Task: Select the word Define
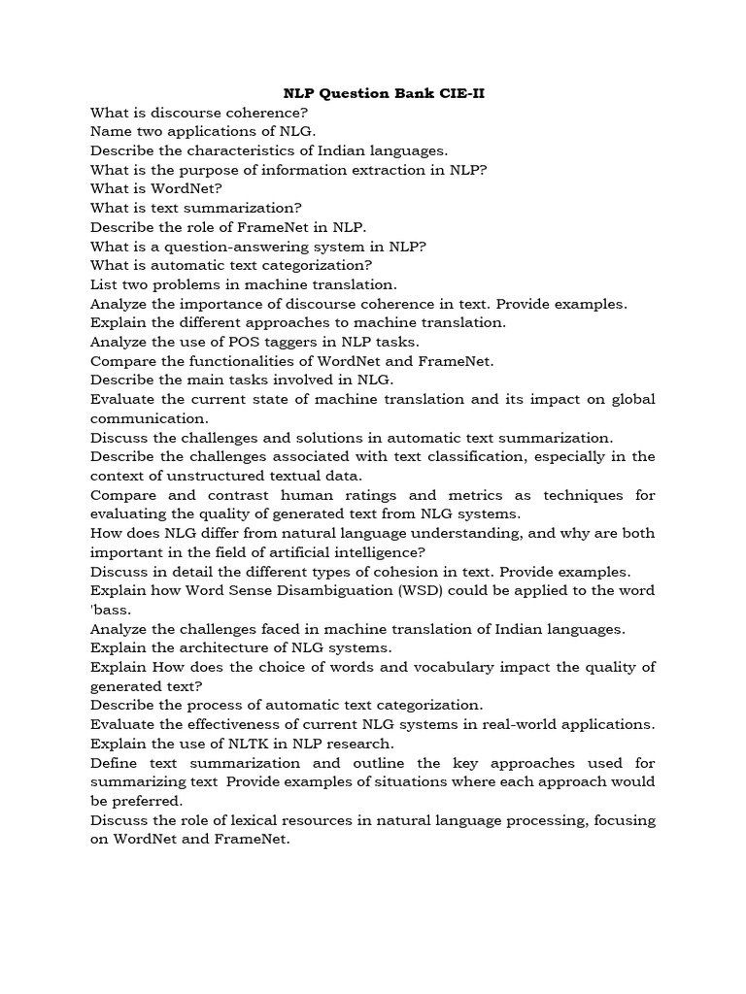pyautogui.click(x=115, y=763)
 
